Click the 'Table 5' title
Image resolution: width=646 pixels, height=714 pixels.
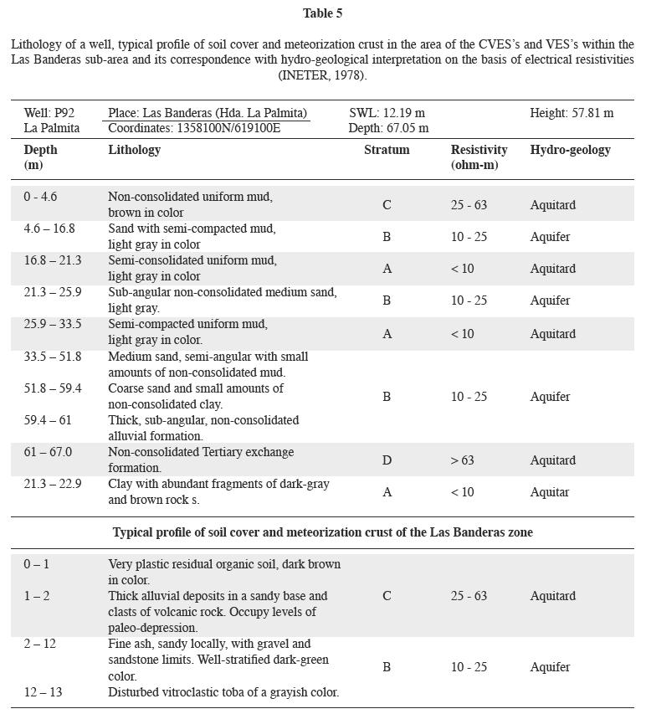coord(322,13)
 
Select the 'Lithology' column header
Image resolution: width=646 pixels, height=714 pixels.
coord(134,150)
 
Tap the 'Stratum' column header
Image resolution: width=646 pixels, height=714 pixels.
coord(387,150)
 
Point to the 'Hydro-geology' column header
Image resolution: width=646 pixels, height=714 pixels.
coord(570,150)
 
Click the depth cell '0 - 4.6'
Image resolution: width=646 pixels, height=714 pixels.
coord(40,198)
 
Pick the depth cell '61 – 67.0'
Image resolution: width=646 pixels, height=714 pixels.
coord(48,453)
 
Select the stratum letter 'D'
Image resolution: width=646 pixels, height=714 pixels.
coord(387,460)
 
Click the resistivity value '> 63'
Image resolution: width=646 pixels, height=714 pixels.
coord(462,460)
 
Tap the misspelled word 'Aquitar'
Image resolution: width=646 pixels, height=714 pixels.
coord(550,492)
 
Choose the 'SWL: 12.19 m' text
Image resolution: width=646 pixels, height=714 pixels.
coord(387,113)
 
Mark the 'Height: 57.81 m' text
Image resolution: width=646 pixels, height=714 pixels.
coord(572,113)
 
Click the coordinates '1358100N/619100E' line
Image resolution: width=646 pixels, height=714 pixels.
coord(194,128)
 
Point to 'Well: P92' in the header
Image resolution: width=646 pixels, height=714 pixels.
coord(49,113)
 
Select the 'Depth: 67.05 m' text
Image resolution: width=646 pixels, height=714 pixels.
coord(388,128)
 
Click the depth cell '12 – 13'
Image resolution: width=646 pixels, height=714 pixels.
coord(43,692)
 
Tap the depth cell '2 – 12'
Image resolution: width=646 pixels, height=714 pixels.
coord(39,644)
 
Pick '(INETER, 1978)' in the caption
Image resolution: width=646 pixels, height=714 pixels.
coord(322,75)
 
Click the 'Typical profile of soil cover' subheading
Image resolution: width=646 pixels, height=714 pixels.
coord(322,532)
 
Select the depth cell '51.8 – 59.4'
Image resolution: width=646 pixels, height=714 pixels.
coord(53,388)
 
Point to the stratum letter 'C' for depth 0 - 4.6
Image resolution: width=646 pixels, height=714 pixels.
coord(387,205)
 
